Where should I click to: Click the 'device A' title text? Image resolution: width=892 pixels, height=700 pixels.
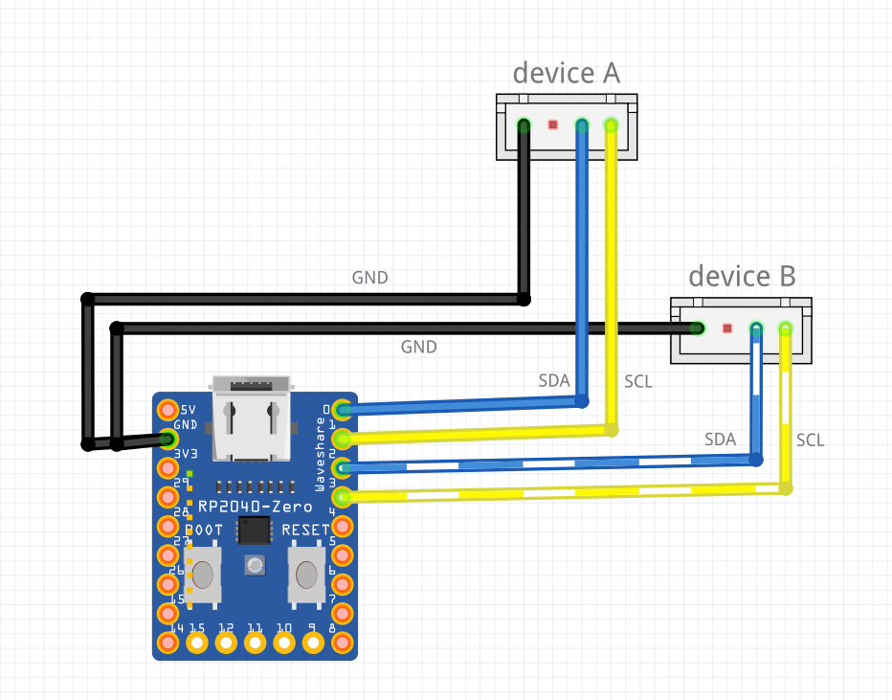tap(566, 73)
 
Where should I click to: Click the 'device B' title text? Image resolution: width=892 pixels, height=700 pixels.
tap(742, 277)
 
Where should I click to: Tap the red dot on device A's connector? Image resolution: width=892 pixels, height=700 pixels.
tap(552, 124)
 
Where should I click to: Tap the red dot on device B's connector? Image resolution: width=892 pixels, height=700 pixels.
tap(727, 328)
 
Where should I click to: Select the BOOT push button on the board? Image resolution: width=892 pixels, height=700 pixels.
tap(203, 575)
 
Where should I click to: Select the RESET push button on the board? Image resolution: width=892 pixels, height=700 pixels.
tap(305, 575)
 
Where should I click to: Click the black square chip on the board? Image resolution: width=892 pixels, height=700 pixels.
tap(255, 530)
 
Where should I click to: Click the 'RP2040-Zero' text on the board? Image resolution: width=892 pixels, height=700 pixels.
tap(255, 506)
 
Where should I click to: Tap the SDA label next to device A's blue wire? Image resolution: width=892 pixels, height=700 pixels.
tap(554, 380)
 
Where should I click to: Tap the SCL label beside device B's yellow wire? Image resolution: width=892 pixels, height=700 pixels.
tap(810, 440)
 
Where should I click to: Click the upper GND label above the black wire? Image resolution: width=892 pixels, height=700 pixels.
tap(369, 279)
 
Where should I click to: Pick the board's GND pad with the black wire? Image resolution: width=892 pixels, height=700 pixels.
tap(168, 440)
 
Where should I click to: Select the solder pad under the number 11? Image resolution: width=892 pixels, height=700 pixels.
tap(255, 644)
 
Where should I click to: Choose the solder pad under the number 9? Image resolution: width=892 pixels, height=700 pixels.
tap(313, 644)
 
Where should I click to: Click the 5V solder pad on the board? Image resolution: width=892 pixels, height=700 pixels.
tap(168, 410)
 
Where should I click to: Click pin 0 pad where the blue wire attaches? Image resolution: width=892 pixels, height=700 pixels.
tap(342, 410)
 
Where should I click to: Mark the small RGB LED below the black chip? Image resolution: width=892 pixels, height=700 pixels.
tap(255, 565)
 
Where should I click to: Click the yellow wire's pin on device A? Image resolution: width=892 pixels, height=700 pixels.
tap(611, 124)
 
